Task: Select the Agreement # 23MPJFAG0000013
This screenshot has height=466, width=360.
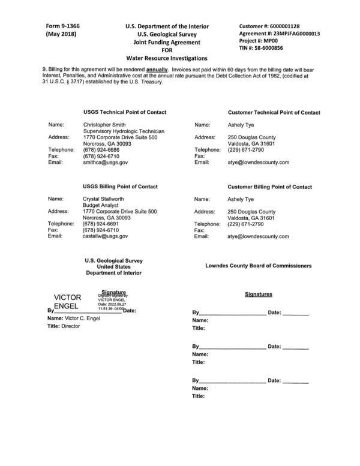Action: [x=303, y=34]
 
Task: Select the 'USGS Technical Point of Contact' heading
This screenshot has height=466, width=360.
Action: [x=125, y=112]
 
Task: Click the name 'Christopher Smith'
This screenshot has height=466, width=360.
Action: [x=104, y=125]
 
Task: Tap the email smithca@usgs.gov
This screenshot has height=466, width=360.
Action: [x=105, y=162]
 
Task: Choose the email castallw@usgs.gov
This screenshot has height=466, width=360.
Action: [x=106, y=236]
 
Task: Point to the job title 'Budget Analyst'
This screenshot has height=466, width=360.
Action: [x=100, y=205]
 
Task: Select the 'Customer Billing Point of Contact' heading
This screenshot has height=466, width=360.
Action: [x=270, y=187]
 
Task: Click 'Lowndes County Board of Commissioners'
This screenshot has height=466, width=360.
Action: [x=258, y=266]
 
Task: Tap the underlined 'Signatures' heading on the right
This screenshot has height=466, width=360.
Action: [x=259, y=294]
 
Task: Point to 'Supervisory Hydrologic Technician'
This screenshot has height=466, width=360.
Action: [x=124, y=131]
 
